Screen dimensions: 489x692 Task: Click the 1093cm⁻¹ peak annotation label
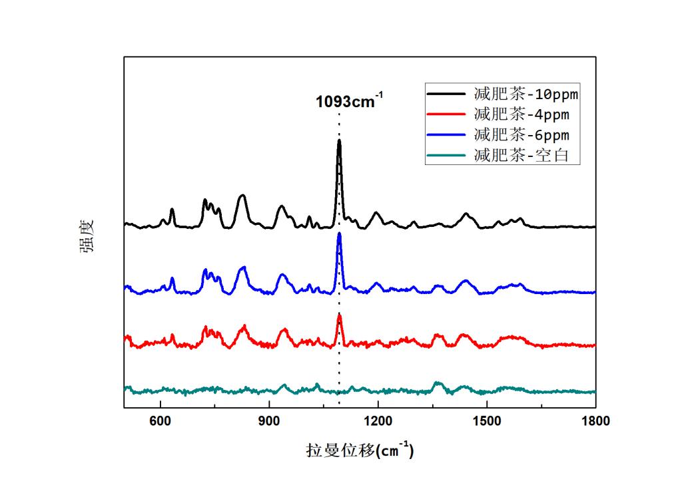(x=349, y=102)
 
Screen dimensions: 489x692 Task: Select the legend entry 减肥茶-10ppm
(x=526, y=94)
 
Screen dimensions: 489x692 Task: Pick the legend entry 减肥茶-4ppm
(x=521, y=114)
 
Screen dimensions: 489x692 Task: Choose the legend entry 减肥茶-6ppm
(x=521, y=135)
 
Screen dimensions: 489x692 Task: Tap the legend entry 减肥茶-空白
(x=521, y=156)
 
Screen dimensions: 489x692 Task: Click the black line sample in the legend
(x=448, y=94)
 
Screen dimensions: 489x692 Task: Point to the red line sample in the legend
(x=448, y=115)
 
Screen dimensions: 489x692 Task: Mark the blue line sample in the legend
(x=448, y=136)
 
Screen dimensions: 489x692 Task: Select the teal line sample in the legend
(x=448, y=156)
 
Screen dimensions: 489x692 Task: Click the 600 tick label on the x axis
(x=160, y=421)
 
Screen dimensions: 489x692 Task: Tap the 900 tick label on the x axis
(x=269, y=421)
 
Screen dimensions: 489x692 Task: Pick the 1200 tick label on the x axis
(x=378, y=421)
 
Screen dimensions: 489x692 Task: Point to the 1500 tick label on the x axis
(x=487, y=421)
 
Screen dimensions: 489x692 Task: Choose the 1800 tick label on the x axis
(x=595, y=421)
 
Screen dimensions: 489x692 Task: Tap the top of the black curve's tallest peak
(x=339, y=141)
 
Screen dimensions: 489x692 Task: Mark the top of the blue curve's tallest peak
(x=339, y=234)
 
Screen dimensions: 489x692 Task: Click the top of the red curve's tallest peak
(x=339, y=315)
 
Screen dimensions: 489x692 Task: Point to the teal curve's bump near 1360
(x=438, y=383)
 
